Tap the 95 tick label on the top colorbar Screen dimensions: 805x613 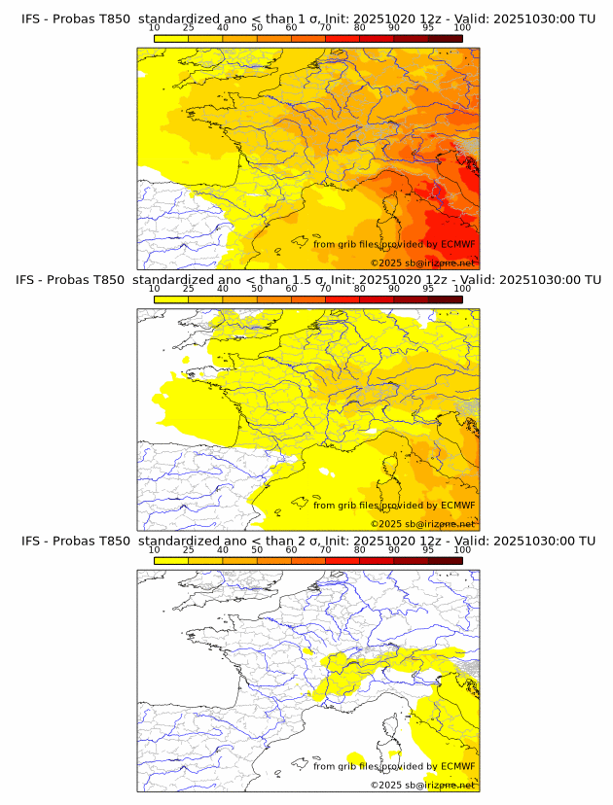(x=428, y=29)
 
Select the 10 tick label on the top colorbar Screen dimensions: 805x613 (x=155, y=29)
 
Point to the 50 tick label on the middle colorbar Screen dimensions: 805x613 (x=257, y=289)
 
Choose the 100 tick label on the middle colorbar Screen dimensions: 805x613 (x=462, y=289)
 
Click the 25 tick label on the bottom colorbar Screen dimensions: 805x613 (x=189, y=549)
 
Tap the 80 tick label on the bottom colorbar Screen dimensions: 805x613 (x=360, y=549)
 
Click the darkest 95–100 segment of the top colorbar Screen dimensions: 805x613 (x=446, y=39)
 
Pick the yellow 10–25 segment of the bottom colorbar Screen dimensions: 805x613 (x=171, y=560)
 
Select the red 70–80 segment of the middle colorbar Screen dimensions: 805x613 (x=343, y=299)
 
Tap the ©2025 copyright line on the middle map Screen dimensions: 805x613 (x=422, y=523)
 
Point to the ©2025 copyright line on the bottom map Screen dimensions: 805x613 (x=422, y=784)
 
